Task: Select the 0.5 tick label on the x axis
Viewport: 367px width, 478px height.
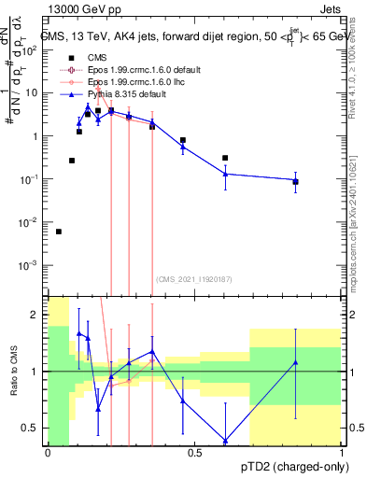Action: (x=195, y=453)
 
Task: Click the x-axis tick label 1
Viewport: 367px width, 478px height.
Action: (x=342, y=453)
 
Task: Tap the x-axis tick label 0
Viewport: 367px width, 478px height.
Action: (x=49, y=453)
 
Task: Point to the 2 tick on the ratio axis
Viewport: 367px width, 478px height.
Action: (x=36, y=315)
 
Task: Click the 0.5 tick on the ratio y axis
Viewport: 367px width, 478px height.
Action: (x=33, y=428)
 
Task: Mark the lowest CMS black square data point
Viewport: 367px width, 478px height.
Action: (x=59, y=232)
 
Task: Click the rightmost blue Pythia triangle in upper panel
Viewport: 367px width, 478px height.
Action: (x=295, y=180)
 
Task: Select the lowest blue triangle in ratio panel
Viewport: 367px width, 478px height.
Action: (x=225, y=441)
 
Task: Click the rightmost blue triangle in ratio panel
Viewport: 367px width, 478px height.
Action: (x=295, y=362)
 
